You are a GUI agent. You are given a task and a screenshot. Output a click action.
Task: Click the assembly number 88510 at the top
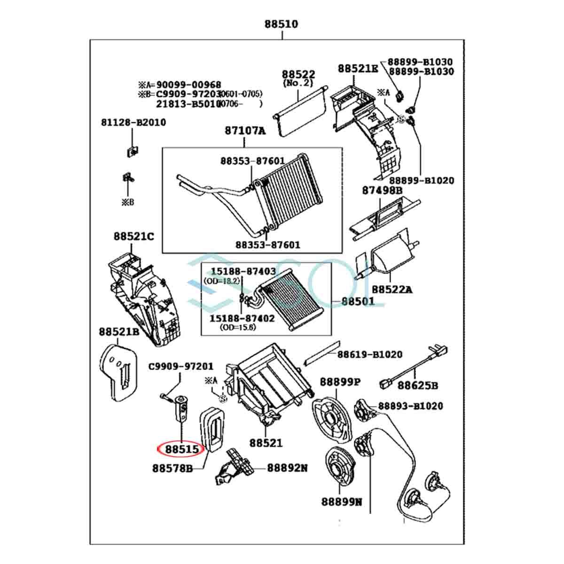point(281,24)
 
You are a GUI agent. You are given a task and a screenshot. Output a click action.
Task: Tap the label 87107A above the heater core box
point(245,131)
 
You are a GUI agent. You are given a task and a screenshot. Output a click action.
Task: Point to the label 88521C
point(133,236)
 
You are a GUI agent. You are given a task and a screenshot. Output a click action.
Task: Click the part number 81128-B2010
point(133,122)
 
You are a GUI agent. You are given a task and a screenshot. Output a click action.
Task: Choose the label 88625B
point(418,385)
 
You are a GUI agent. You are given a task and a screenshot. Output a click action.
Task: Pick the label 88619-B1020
point(369,354)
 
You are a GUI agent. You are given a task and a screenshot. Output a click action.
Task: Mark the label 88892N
point(288,468)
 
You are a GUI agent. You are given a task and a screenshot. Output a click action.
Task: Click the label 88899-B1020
point(422,180)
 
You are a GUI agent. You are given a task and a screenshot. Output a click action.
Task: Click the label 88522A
point(392,290)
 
